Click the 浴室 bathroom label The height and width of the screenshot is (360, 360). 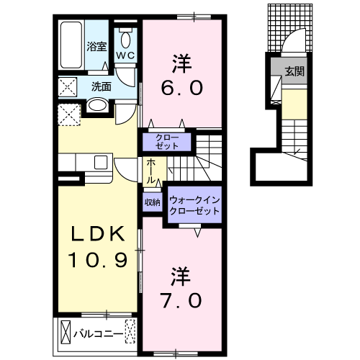click(96, 46)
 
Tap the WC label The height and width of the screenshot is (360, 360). click(125, 56)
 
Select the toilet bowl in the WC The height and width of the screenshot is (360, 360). click(125, 40)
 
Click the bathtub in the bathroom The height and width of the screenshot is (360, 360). click(71, 45)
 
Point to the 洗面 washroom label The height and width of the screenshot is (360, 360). click(101, 86)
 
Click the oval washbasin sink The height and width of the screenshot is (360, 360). click(97, 105)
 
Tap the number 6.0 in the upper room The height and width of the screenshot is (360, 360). click(181, 88)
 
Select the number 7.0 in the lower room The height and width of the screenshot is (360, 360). click(181, 301)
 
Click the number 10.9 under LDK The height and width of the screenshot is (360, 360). click(97, 260)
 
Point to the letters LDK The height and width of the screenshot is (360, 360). click(97, 234)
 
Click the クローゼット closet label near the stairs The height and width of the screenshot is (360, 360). click(167, 142)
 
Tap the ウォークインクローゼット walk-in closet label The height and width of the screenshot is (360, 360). click(194, 205)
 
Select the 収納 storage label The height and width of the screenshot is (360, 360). click(153, 202)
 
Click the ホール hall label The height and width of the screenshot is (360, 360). click(150, 171)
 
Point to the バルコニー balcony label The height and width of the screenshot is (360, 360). click(99, 334)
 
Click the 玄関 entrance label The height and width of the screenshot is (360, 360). click(294, 71)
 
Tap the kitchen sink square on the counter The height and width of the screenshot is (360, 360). click(101, 163)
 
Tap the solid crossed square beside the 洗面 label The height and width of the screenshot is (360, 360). click(68, 87)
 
